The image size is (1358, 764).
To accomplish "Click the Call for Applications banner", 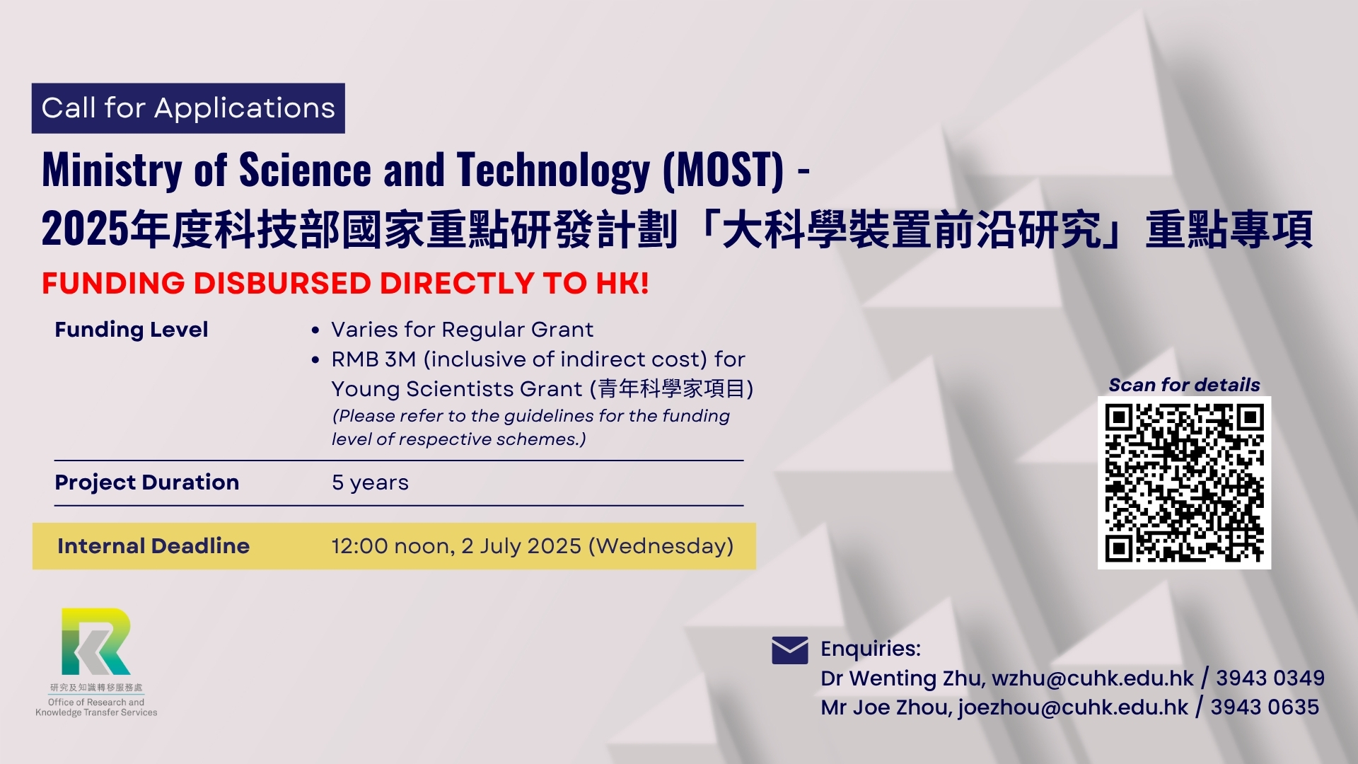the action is [x=188, y=108].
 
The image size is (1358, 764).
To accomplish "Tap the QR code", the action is [x=1184, y=482].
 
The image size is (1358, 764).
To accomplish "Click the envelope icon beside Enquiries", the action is [x=789, y=650].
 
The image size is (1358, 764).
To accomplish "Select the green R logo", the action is [x=96, y=641].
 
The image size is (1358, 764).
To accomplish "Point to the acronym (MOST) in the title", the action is [x=723, y=170].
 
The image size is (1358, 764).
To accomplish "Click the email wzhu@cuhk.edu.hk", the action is [x=1092, y=678].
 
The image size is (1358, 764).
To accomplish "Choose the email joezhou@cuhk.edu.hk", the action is [x=1073, y=707].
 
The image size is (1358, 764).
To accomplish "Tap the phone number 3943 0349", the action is [x=1270, y=678].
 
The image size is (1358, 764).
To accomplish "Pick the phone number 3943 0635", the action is [x=1265, y=707].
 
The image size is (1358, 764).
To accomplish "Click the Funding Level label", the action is [x=132, y=330].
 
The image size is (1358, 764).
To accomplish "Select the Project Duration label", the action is [x=147, y=482].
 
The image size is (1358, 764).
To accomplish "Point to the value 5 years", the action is [x=370, y=483].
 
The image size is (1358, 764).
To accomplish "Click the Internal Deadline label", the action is [x=153, y=546].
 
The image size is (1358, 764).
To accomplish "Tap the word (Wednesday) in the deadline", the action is [x=661, y=546].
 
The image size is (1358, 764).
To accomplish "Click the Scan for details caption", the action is [x=1184, y=385].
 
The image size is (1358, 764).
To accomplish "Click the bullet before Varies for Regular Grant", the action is [x=315, y=330].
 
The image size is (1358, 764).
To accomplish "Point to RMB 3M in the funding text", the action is [x=373, y=359].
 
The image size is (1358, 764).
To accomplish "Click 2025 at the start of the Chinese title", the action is [x=86, y=230].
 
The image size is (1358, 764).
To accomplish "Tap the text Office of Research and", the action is [x=96, y=702].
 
